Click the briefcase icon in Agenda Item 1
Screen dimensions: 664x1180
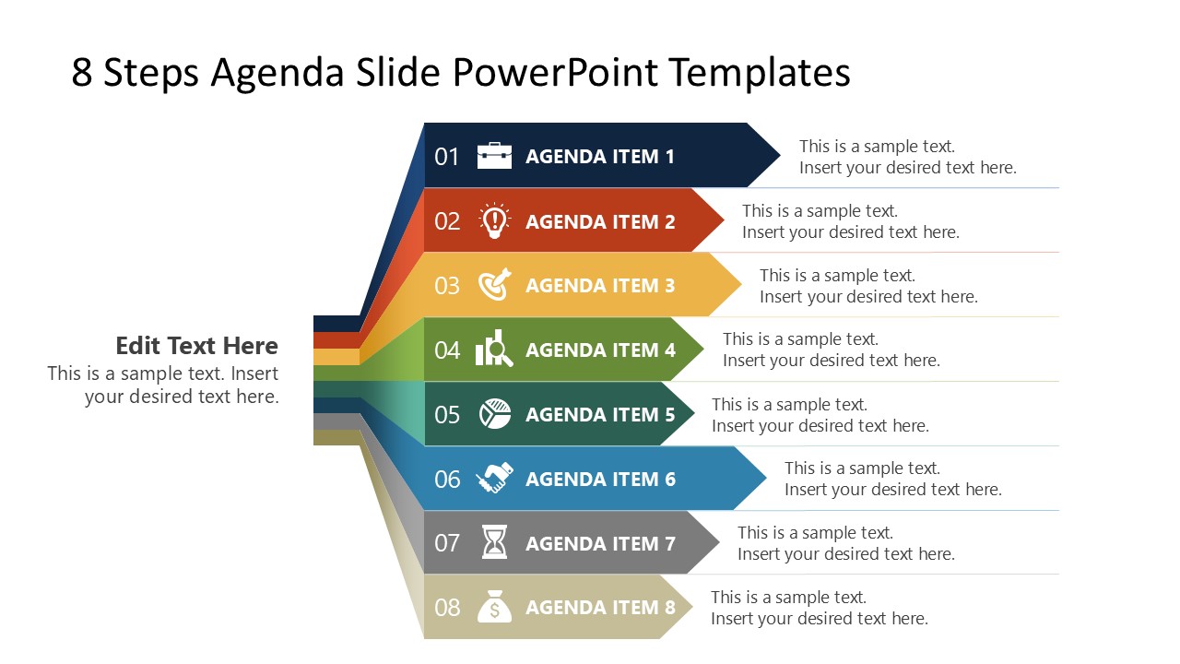pyautogui.click(x=494, y=156)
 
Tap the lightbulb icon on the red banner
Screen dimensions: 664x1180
pyautogui.click(x=494, y=221)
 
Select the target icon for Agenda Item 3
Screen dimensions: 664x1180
pyautogui.click(x=494, y=285)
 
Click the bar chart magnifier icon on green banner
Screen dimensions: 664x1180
pyautogui.click(x=494, y=350)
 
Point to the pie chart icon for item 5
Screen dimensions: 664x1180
pyautogui.click(x=495, y=414)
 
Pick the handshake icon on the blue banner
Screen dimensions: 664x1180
pyautogui.click(x=494, y=479)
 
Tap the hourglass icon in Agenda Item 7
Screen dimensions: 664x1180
pyautogui.click(x=495, y=542)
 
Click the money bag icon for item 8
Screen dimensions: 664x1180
pyautogui.click(x=494, y=607)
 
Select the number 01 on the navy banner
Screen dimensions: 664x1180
pyautogui.click(x=447, y=157)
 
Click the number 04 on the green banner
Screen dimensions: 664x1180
pyautogui.click(x=447, y=350)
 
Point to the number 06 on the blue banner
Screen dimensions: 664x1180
pyautogui.click(x=447, y=480)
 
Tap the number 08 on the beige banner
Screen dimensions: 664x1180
pyautogui.click(x=447, y=608)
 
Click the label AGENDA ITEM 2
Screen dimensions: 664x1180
pyautogui.click(x=600, y=221)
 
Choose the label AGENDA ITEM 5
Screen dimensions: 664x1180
pyautogui.click(x=600, y=414)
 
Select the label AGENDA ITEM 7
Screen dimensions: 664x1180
pyautogui.click(x=600, y=543)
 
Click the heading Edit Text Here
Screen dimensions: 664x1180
pyautogui.click(x=196, y=346)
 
